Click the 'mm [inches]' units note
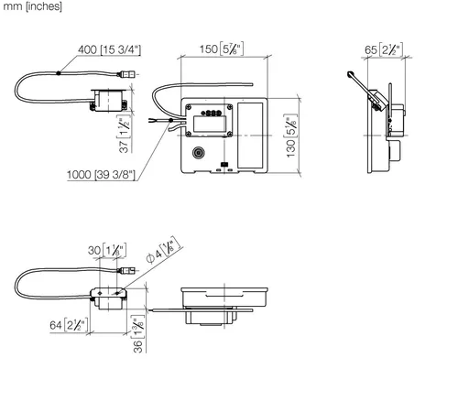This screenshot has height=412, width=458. click(x=32, y=6)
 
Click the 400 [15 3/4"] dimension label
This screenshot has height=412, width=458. click(x=109, y=49)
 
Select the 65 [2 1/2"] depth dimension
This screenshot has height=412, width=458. click(x=384, y=49)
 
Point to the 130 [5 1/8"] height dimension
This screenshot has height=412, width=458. click(x=291, y=136)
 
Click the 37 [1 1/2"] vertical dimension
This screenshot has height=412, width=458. click(x=125, y=134)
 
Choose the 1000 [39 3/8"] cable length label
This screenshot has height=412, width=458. click(x=101, y=175)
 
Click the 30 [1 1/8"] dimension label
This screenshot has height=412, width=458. click(x=107, y=250)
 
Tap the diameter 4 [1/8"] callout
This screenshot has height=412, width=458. click(x=164, y=250)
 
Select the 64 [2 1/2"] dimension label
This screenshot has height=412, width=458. click(x=69, y=325)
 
